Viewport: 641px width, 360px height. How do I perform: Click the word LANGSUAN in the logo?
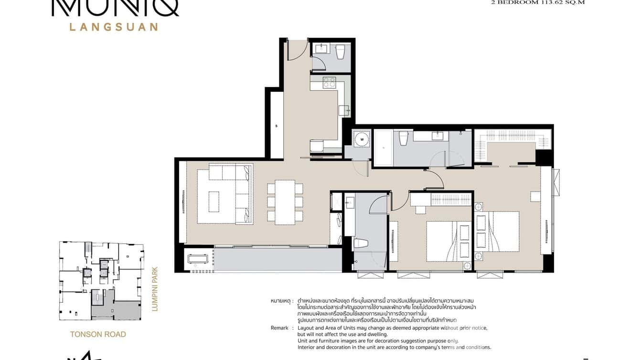(x=113, y=27)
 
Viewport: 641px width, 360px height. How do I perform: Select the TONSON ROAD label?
(x=98, y=334)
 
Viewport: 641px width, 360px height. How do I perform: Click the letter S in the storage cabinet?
(x=277, y=126)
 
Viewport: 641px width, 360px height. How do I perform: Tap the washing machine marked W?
(x=362, y=139)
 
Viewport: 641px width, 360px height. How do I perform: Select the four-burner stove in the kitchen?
(x=330, y=83)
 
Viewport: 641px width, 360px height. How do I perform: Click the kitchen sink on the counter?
(x=344, y=110)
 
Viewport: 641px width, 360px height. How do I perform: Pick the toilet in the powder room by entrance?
(x=341, y=52)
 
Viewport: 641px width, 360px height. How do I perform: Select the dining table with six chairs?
(x=285, y=202)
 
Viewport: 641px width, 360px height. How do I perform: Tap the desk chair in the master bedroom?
(x=535, y=196)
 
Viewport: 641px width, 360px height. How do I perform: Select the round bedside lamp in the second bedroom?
(x=467, y=266)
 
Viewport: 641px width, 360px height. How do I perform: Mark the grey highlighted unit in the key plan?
(x=117, y=308)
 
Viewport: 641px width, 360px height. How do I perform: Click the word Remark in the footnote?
(x=279, y=328)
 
